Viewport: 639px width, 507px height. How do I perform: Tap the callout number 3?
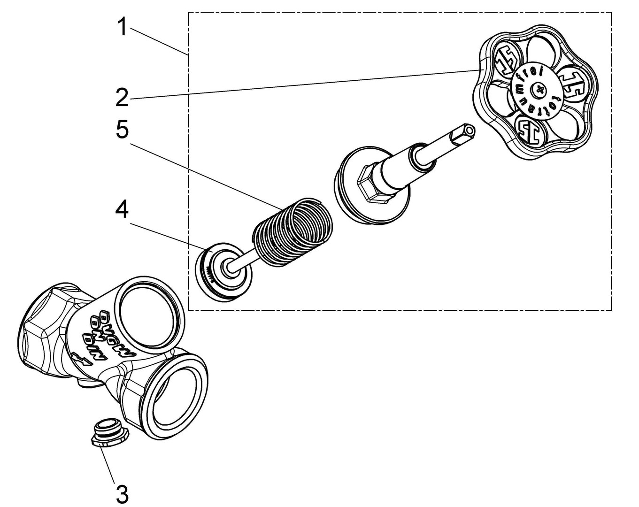[122, 495]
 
